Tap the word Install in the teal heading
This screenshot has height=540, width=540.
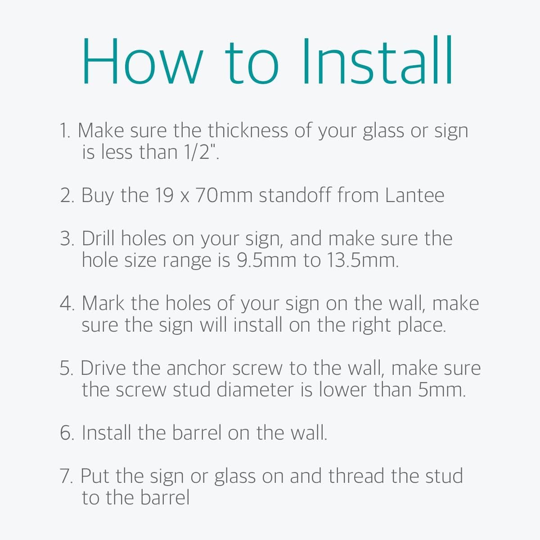coord(378,60)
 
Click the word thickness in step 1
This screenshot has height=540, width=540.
coord(247,130)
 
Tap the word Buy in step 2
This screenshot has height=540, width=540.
coord(98,195)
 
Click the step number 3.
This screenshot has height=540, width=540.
coord(67,239)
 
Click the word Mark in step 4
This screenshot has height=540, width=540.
coord(103,303)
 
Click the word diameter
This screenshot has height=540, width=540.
coord(255,390)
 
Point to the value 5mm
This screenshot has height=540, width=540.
coord(441,390)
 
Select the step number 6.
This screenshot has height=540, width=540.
coord(67,432)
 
